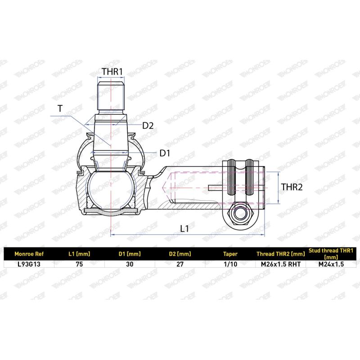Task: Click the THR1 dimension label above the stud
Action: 112,72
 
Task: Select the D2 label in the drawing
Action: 148,126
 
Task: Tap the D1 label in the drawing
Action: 165,153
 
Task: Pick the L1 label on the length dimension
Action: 184,229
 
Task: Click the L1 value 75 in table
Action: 79,264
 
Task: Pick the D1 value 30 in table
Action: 130,264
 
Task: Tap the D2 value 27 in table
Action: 180,264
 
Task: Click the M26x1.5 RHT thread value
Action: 280,264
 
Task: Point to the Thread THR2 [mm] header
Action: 280,253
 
